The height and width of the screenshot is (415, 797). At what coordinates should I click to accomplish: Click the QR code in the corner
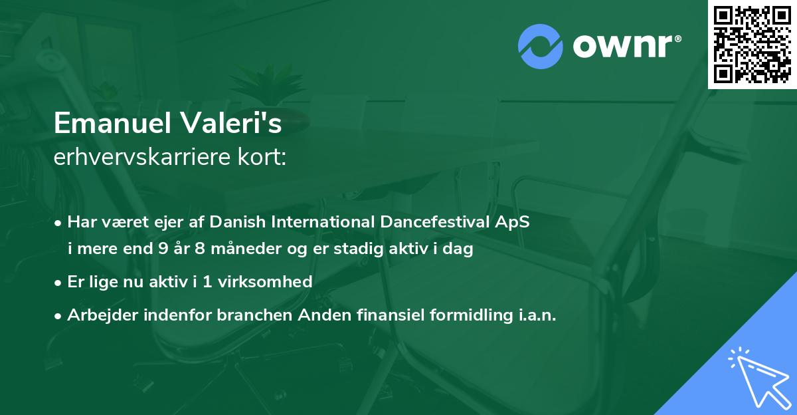pos(753,45)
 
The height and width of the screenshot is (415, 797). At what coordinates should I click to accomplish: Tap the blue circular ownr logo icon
pos(541,47)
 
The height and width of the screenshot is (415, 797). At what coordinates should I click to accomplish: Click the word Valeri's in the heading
pos(239,123)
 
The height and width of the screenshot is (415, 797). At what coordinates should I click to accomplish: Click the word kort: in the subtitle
pos(264,158)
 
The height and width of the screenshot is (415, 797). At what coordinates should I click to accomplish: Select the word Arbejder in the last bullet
pos(99,315)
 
